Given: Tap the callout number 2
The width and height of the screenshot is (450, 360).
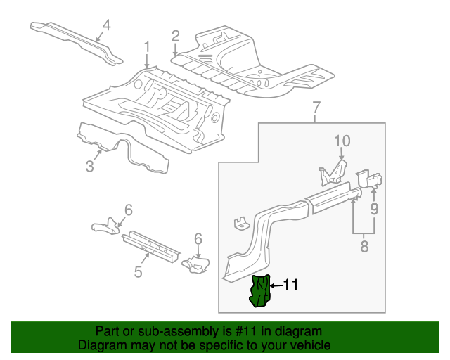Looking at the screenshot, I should point(175,36).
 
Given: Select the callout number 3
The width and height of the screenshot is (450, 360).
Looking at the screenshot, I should point(89,166).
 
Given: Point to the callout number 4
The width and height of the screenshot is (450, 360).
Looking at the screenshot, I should point(106,26).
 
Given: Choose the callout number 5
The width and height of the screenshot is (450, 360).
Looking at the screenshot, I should point(139,270).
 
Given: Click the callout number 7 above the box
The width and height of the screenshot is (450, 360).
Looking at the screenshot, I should point(316,108).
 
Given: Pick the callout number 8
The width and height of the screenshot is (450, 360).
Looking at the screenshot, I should point(364,247).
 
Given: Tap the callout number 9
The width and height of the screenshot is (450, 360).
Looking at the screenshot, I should point(375,208).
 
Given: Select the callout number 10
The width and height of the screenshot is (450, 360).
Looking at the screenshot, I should point(341,141).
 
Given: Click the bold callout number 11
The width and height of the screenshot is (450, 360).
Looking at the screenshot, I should point(291,285).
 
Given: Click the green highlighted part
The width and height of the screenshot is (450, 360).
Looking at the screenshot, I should point(261,291).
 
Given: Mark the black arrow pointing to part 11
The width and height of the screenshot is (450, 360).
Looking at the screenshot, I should point(275,285).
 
